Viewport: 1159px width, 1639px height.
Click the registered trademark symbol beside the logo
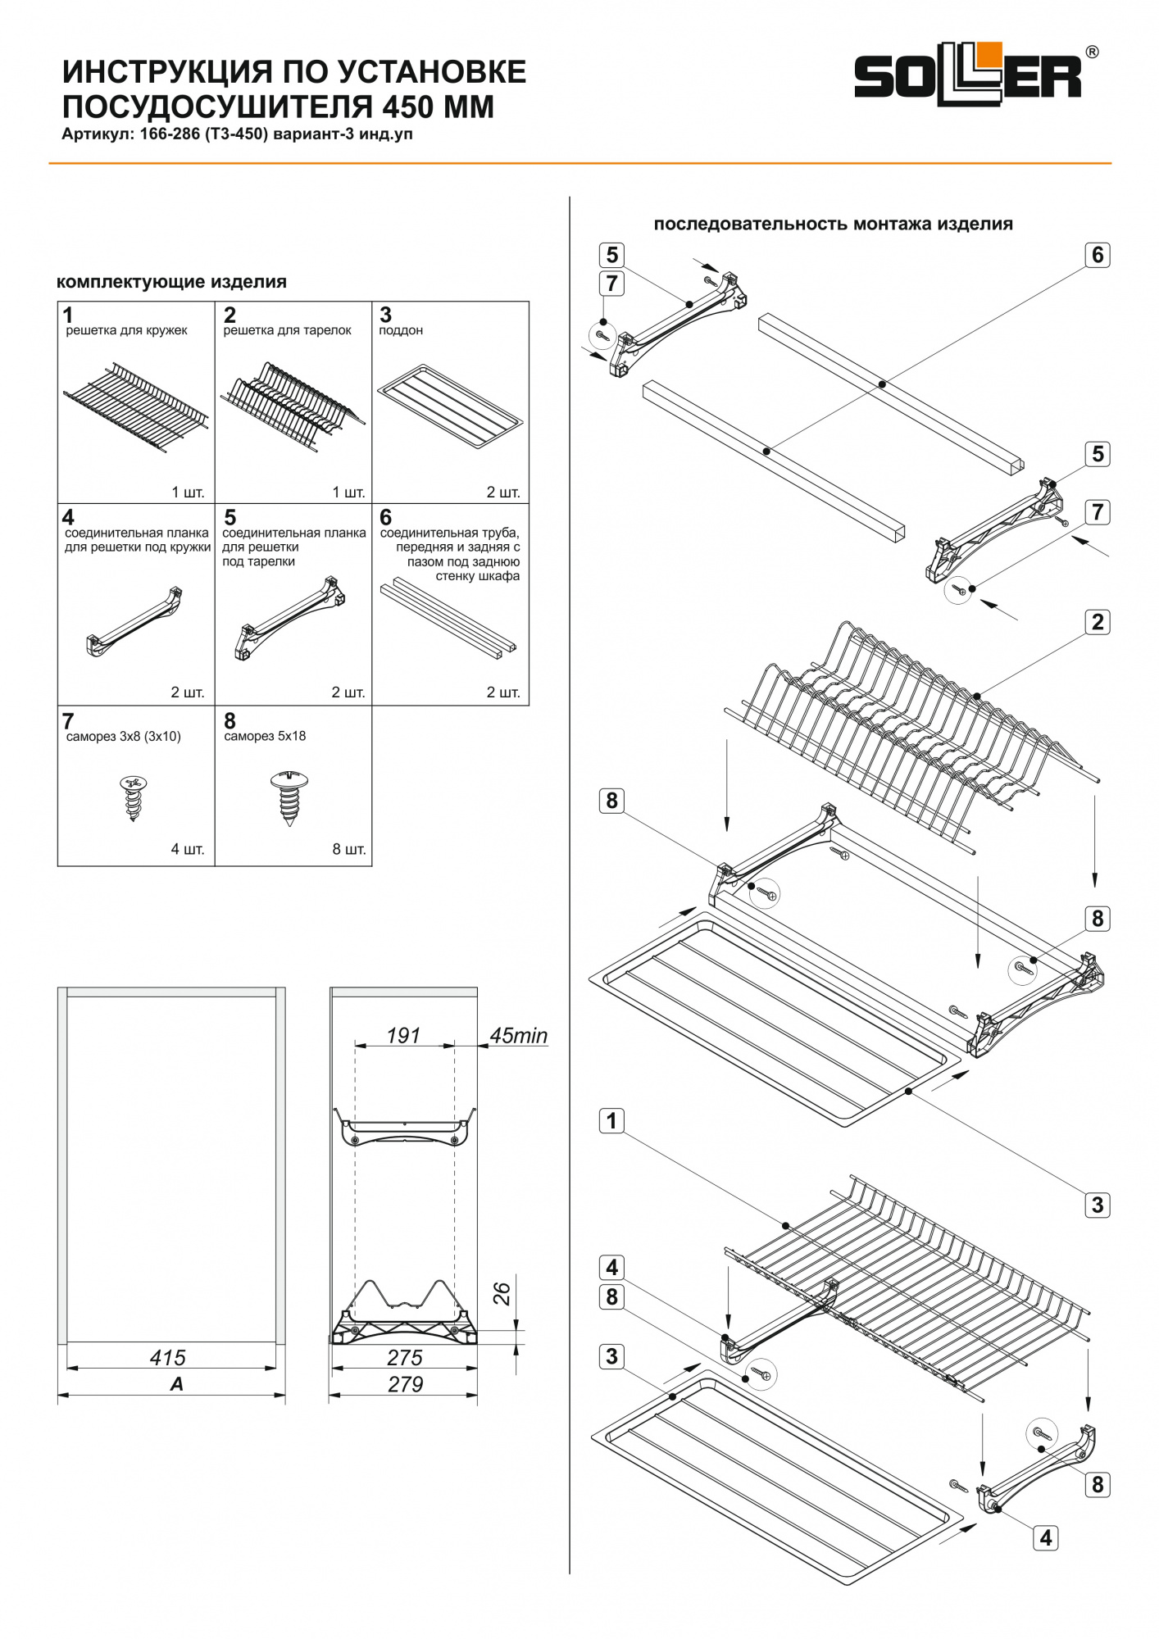pos(1092,52)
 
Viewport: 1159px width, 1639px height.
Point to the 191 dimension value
pos(403,1036)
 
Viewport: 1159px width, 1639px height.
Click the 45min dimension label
pos(518,1036)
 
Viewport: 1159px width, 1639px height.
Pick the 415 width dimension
pos(167,1358)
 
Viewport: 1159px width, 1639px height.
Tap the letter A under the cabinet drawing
pos(176,1384)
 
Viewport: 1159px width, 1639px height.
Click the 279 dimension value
pos(405,1384)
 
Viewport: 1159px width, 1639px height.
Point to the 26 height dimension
pos(502,1293)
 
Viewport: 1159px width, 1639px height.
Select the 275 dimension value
pos(405,1358)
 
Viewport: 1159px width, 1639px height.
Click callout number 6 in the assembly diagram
pos(1098,255)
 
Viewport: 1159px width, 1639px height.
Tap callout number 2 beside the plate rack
pos(1098,622)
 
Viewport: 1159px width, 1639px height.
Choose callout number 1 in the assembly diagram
pos(611,1120)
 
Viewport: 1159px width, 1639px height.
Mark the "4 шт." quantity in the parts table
pos(188,849)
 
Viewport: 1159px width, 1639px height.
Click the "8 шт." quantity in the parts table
pos(349,849)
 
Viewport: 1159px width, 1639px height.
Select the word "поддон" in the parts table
pos(401,330)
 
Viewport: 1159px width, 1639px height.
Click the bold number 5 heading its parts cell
pos(230,518)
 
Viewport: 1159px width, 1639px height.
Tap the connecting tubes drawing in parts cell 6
pos(448,615)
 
